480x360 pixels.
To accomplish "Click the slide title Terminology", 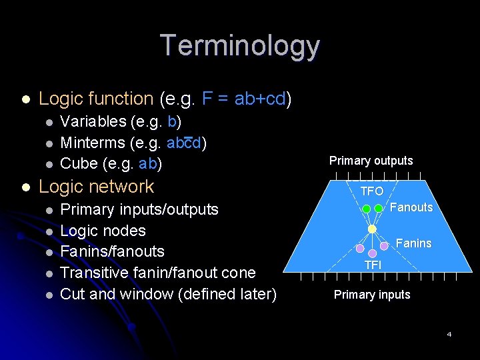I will pos(240,45).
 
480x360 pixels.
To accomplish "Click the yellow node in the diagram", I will pos(372,229).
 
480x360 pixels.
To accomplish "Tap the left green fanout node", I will pos(366,209).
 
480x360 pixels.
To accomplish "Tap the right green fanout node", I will pos(378,209).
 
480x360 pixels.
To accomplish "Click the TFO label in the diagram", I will pos(372,191).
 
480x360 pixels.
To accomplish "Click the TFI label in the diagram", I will pos(372,265).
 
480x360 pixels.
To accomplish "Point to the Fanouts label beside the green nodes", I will pos(411,207).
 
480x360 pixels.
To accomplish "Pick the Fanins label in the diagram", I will pos(413,243).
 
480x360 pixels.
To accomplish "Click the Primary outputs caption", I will pos(371,161).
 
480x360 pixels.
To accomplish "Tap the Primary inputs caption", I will pos(372,295).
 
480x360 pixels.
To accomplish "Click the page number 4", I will pos(449,334).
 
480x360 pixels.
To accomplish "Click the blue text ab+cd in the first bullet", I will pos(260,99).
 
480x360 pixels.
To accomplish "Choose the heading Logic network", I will pos(97,187).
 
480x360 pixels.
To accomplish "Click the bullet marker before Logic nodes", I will pos(49,231).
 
